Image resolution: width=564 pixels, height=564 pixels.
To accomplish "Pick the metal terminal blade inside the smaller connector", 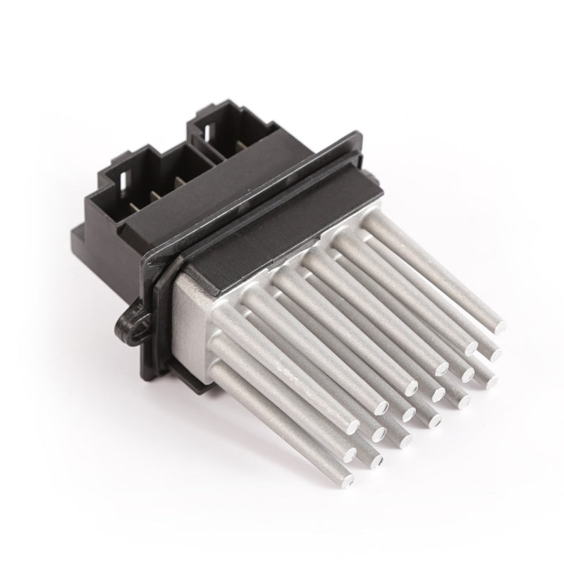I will coord(243,147).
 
